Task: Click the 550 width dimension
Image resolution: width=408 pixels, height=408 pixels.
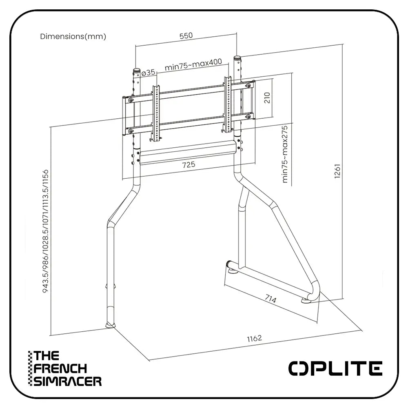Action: point(186,35)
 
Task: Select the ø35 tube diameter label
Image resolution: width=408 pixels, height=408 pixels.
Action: point(149,72)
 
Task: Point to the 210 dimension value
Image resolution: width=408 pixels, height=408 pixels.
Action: point(268,97)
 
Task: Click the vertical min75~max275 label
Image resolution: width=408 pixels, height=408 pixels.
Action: point(285,154)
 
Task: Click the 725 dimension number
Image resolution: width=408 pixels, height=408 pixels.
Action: point(189,164)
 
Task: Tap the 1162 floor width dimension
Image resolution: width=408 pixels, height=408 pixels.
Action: point(254,338)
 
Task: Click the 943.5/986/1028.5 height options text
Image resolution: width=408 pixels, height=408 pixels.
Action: point(44,228)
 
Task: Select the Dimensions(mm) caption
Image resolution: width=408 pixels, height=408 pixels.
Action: point(73,36)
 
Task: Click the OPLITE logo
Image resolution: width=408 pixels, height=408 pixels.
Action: point(335,368)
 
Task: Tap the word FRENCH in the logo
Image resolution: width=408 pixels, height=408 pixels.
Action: point(61,368)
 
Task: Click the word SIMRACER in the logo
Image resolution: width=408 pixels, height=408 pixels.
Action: point(68,381)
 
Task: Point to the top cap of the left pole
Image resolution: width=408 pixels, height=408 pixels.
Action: point(136,71)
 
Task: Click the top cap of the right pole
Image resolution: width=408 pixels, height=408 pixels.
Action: point(236,58)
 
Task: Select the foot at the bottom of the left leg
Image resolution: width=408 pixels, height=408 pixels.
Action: point(111,324)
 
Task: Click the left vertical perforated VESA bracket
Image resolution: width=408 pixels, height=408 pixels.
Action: point(155,112)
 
